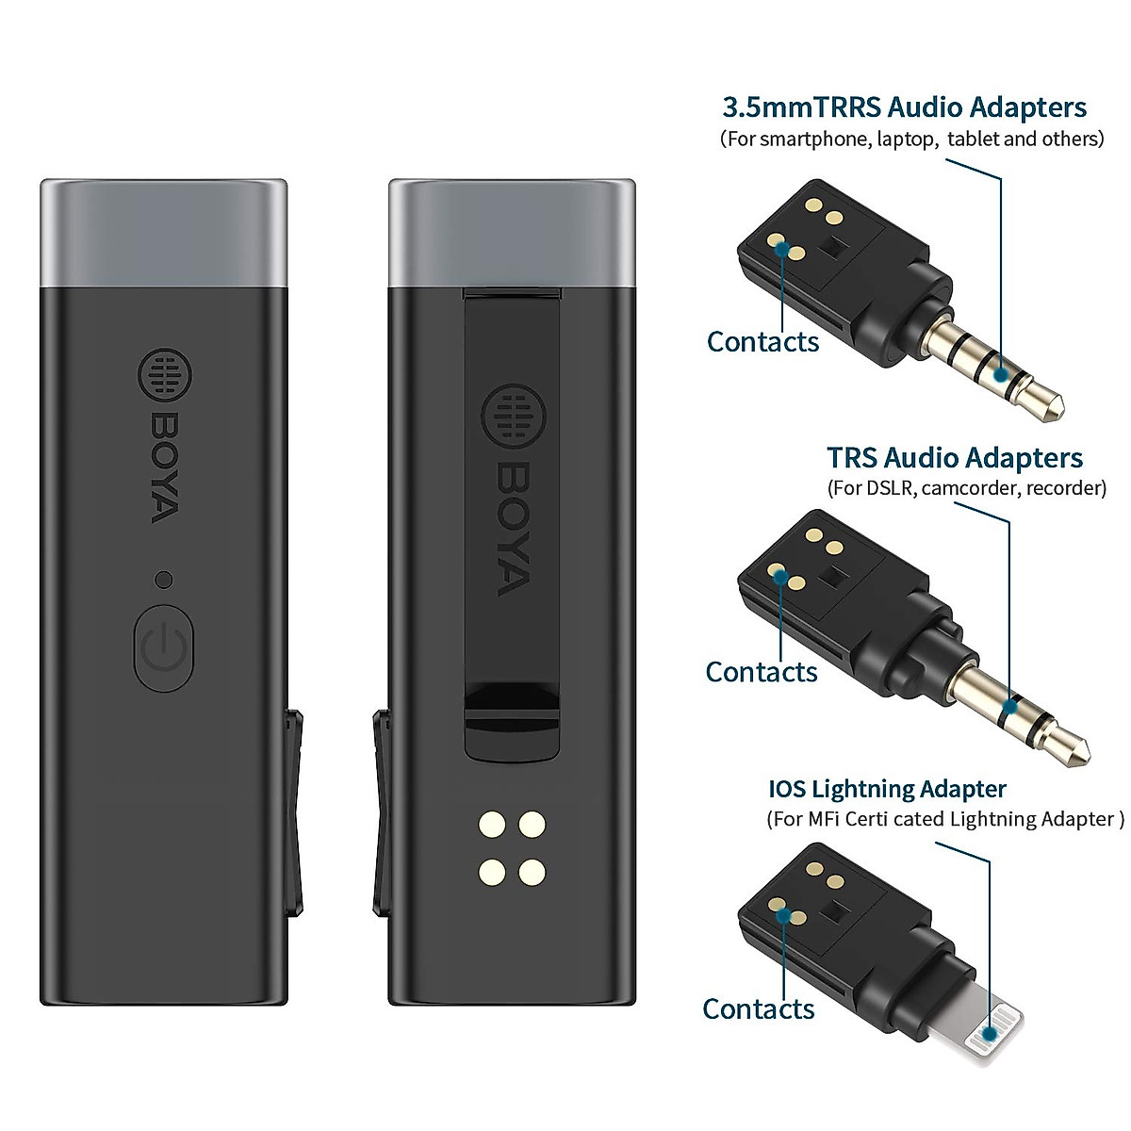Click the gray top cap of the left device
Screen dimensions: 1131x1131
click(x=163, y=233)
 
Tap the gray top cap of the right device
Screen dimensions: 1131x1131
click(x=512, y=233)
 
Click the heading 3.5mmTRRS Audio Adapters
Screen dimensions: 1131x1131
click(x=904, y=107)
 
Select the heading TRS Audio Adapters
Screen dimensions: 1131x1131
click(x=954, y=458)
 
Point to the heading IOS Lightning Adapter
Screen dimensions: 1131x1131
click(x=887, y=788)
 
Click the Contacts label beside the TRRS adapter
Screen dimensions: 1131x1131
click(x=762, y=341)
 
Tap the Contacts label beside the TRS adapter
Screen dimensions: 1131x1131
click(x=761, y=672)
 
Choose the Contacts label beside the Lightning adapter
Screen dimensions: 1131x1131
click(x=758, y=1008)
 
